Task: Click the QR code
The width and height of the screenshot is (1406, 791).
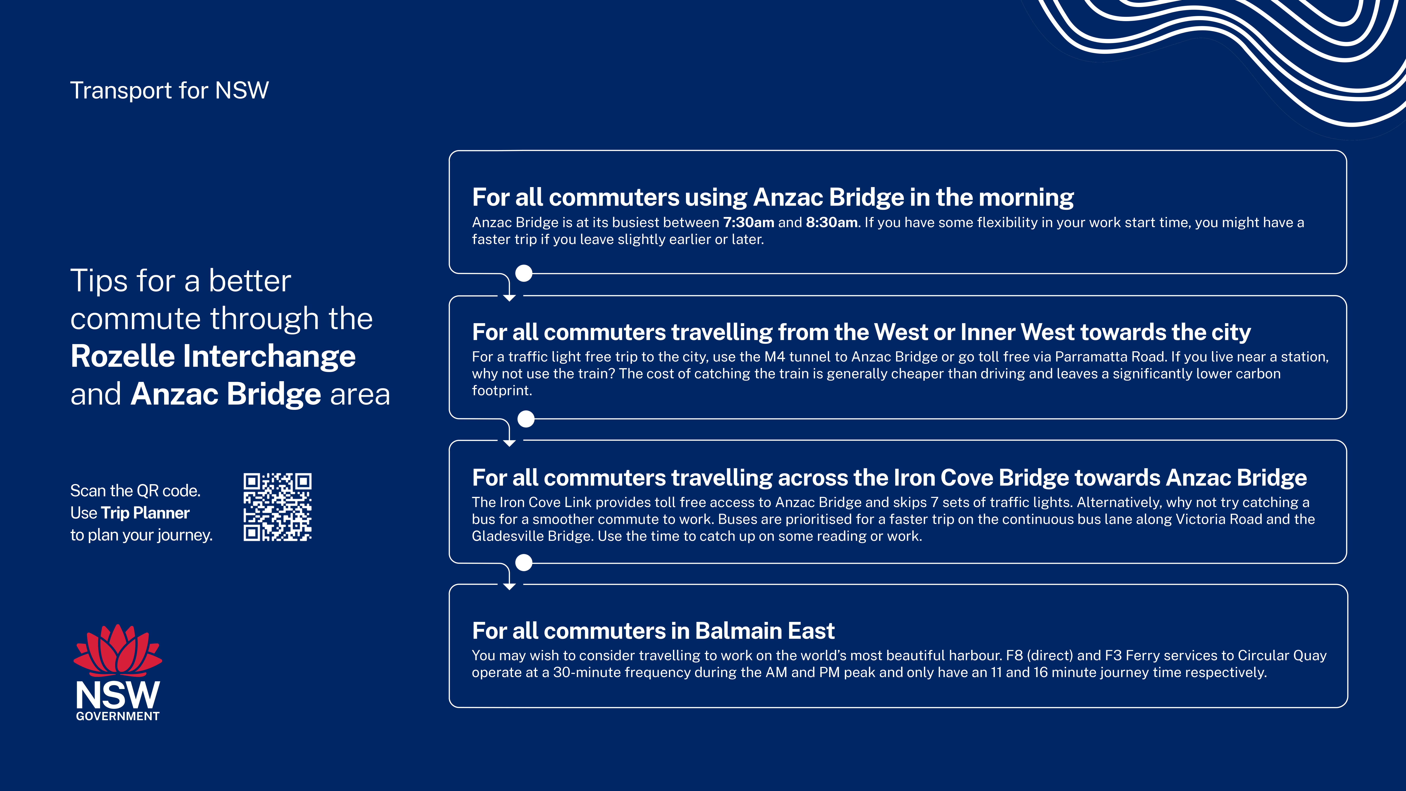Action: coord(277,507)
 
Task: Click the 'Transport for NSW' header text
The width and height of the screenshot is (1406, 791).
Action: coord(169,90)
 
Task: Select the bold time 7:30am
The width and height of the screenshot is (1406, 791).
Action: coord(748,222)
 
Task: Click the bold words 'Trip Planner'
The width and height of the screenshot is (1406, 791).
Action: coord(145,513)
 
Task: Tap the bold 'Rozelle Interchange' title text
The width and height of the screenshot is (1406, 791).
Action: coord(213,356)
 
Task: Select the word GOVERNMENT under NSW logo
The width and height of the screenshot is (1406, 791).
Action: coord(118,716)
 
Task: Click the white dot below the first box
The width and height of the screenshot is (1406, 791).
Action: coord(524,273)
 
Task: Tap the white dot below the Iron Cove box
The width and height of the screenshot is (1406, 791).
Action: coord(524,562)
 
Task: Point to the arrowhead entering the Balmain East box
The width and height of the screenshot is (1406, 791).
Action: coord(509,586)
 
